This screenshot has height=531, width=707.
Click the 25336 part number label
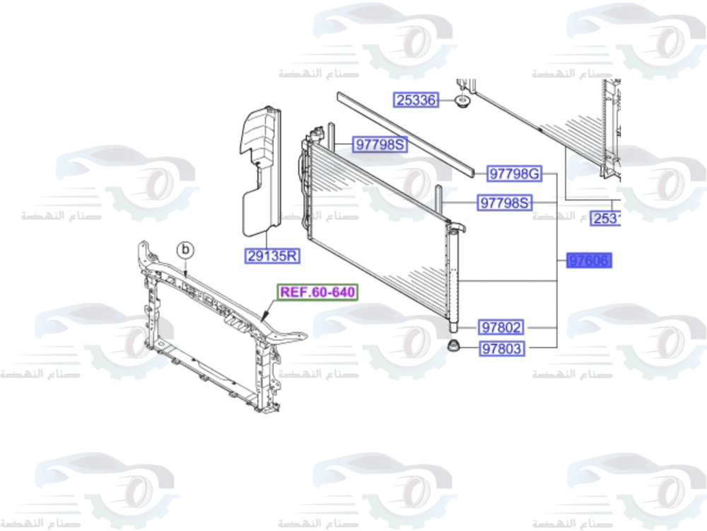coord(416,100)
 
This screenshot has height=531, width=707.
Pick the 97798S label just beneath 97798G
coord(505,203)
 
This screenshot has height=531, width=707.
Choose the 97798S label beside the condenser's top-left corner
coord(380,145)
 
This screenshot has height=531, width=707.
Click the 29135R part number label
coord(271,256)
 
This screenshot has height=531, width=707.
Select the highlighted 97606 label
coord(588,261)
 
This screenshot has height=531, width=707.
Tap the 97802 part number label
coord(501,328)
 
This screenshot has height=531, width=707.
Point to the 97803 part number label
coord(501,348)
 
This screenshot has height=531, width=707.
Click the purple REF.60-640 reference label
coord(317,292)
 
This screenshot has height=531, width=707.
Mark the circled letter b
coord(185,249)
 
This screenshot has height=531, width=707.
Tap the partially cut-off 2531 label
coord(605,219)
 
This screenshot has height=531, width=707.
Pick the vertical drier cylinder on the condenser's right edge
coord(453,276)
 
